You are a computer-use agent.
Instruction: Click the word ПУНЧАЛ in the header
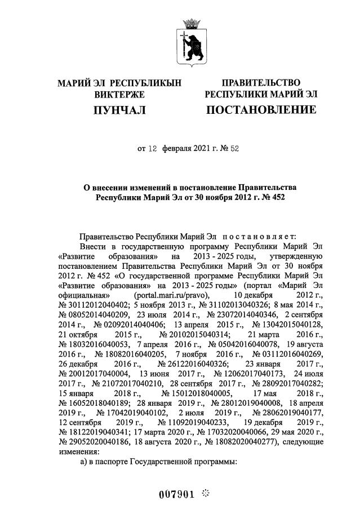pos(119,110)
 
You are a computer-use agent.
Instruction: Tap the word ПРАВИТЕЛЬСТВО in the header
pos(260,83)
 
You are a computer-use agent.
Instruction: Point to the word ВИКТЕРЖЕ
pos(119,95)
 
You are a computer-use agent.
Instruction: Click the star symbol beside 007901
pos(205,494)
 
